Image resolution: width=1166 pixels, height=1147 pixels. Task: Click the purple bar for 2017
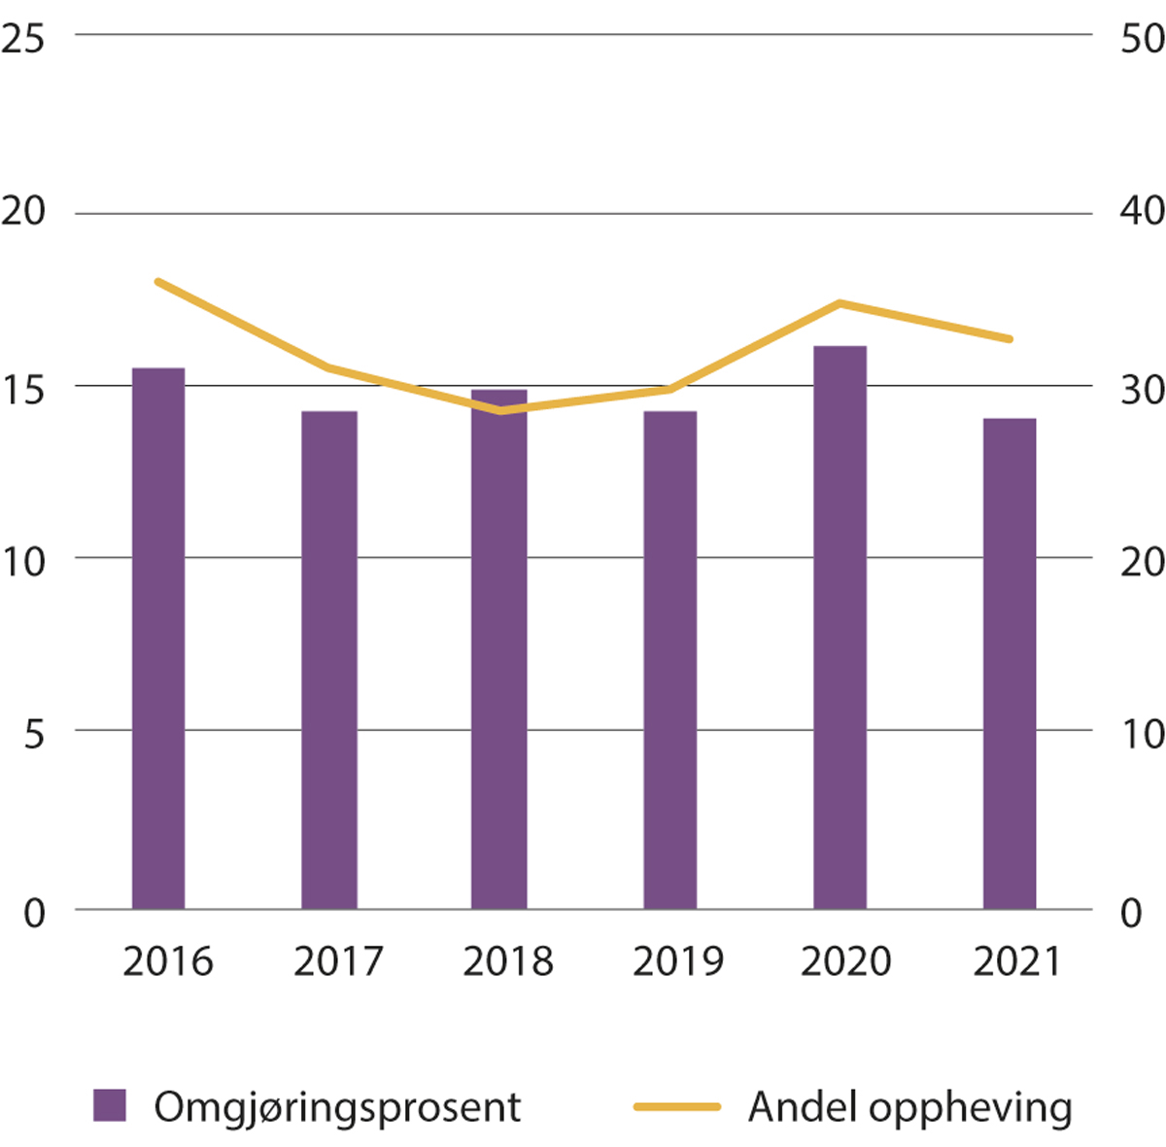(328, 660)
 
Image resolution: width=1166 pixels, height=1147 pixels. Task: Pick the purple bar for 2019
(669, 660)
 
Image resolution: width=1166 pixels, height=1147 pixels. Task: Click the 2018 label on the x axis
(507, 961)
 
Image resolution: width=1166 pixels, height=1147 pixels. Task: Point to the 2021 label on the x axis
(1016, 961)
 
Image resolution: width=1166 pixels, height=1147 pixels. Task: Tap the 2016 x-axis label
(168, 961)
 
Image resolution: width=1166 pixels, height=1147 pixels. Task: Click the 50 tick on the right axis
(1142, 39)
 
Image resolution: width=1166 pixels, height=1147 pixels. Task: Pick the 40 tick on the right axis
(1142, 211)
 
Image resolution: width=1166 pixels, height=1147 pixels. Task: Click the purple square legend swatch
(110, 1106)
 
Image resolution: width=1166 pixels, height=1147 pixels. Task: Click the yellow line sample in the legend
(677, 1106)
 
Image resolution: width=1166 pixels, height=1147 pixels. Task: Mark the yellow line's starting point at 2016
(158, 282)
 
